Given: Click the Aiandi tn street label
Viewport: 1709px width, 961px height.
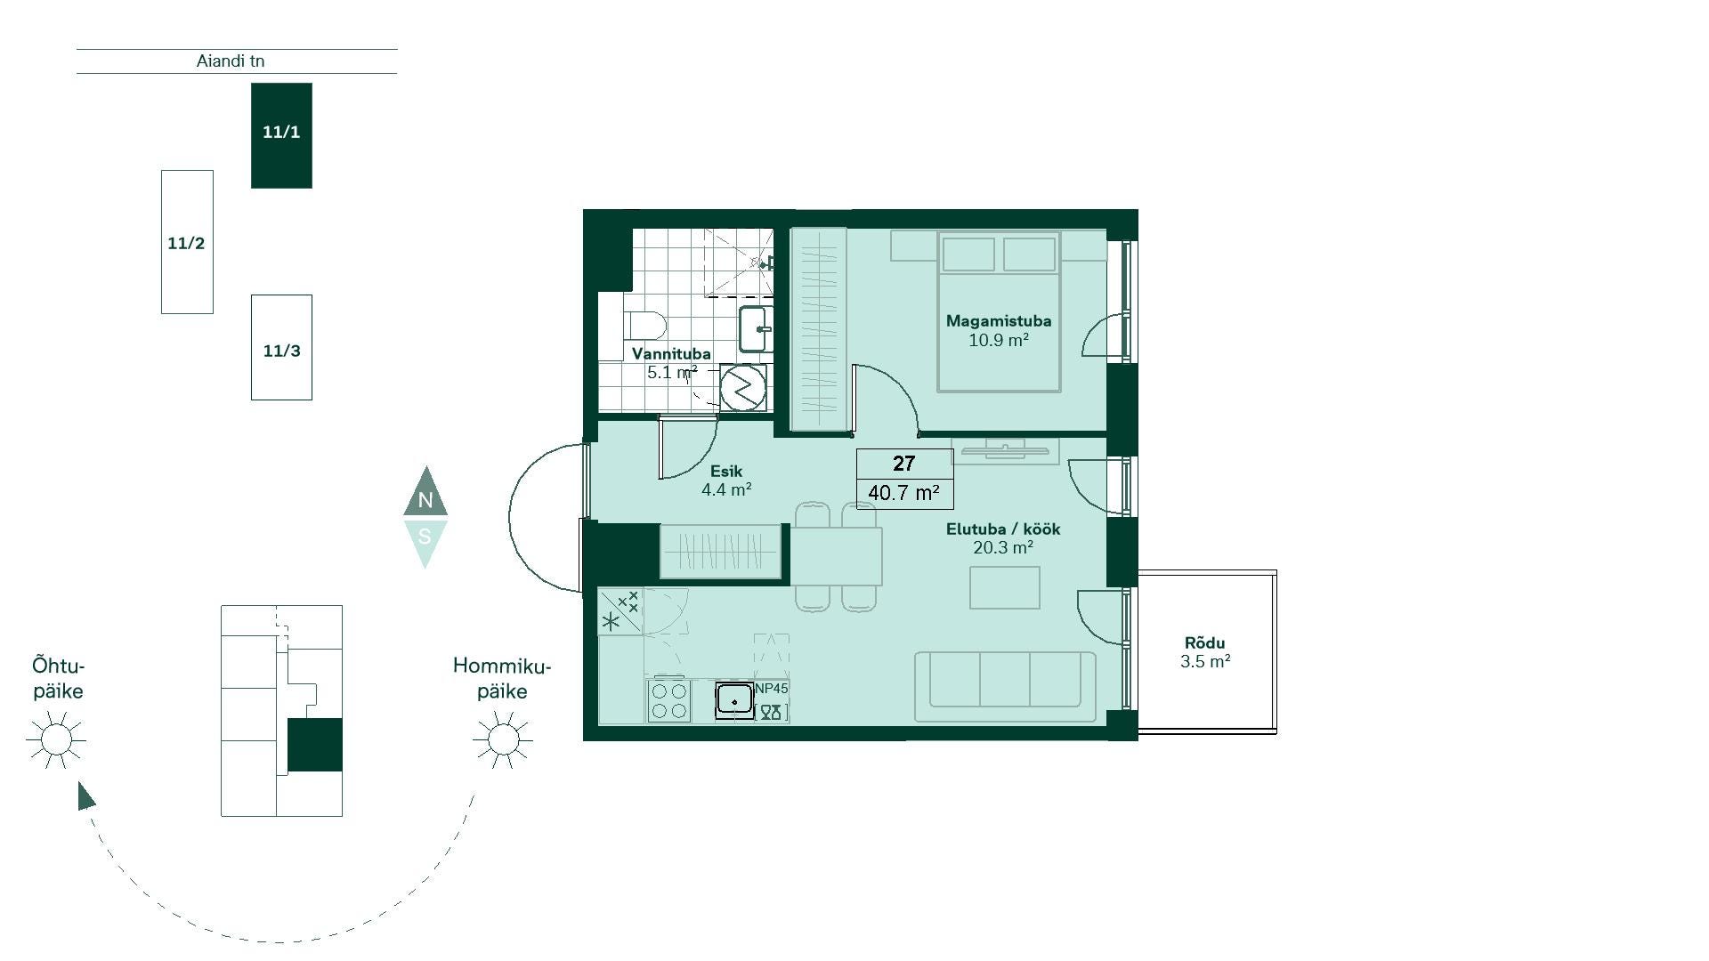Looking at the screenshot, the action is [231, 61].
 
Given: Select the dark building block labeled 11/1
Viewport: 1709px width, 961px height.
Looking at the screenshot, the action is [281, 135].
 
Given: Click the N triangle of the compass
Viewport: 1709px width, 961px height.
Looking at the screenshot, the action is [425, 494].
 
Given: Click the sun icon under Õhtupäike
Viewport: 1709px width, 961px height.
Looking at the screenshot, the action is [56, 739].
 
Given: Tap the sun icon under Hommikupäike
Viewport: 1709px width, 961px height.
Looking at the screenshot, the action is [503, 739].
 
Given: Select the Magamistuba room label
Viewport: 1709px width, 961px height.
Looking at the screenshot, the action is [999, 321].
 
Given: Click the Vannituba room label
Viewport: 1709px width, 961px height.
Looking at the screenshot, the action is [671, 353].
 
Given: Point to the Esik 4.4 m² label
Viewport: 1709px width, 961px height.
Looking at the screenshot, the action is [726, 480].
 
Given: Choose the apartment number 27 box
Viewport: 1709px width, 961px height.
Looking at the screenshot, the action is [904, 464].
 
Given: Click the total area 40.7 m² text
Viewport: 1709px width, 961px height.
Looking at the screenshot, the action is [904, 493].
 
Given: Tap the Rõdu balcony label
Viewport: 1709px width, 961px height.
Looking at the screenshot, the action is [1205, 642].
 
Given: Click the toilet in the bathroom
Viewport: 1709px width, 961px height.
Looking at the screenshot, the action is [643, 325].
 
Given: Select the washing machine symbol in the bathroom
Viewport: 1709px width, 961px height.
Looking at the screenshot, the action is [742, 387].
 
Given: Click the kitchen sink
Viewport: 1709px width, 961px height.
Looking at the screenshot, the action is [734, 701].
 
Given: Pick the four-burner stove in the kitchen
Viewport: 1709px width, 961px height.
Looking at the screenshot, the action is [668, 701].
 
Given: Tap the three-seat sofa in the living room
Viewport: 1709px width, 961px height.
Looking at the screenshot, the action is [1006, 686].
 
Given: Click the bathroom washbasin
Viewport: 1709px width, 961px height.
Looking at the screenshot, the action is [757, 329].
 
